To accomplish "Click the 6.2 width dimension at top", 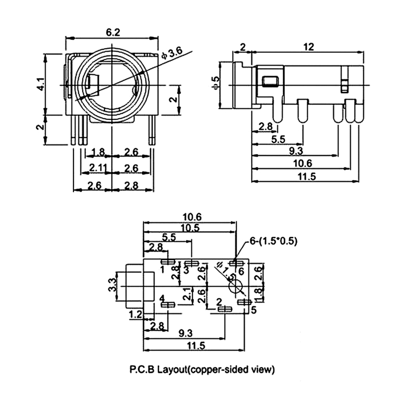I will coord(113,32).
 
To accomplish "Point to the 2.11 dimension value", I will coord(98,167).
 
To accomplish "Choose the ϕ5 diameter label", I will coord(215,84).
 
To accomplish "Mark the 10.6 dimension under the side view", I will coord(302,163).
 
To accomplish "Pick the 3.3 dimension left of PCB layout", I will coord(113,286).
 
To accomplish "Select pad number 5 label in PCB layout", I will coord(253,309).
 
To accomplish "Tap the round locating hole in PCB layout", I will coord(235,287).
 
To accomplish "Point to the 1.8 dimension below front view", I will coord(99,152).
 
